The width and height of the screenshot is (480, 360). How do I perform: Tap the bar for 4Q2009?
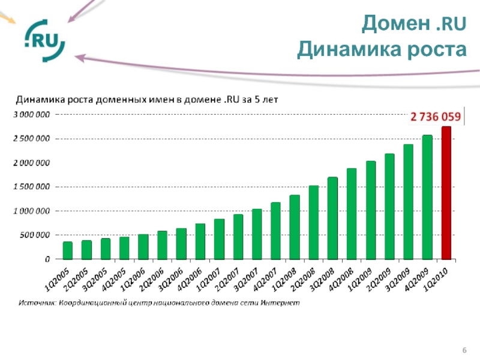pyautogui.click(x=427, y=197)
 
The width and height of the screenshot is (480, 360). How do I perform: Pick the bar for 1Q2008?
pyautogui.click(x=295, y=227)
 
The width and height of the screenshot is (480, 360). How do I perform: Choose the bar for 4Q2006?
pyautogui.click(x=200, y=241)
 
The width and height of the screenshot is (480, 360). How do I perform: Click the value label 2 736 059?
pyautogui.click(x=436, y=116)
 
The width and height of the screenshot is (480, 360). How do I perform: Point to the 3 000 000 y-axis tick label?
pyautogui.click(x=32, y=114)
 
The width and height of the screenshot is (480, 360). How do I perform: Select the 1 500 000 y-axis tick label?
pyautogui.click(x=32, y=187)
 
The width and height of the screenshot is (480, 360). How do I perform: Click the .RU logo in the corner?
pyautogui.click(x=44, y=40)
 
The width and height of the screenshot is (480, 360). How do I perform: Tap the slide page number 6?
pyautogui.click(x=464, y=350)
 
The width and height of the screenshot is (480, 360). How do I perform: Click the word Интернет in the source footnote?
pyautogui.click(x=279, y=303)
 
